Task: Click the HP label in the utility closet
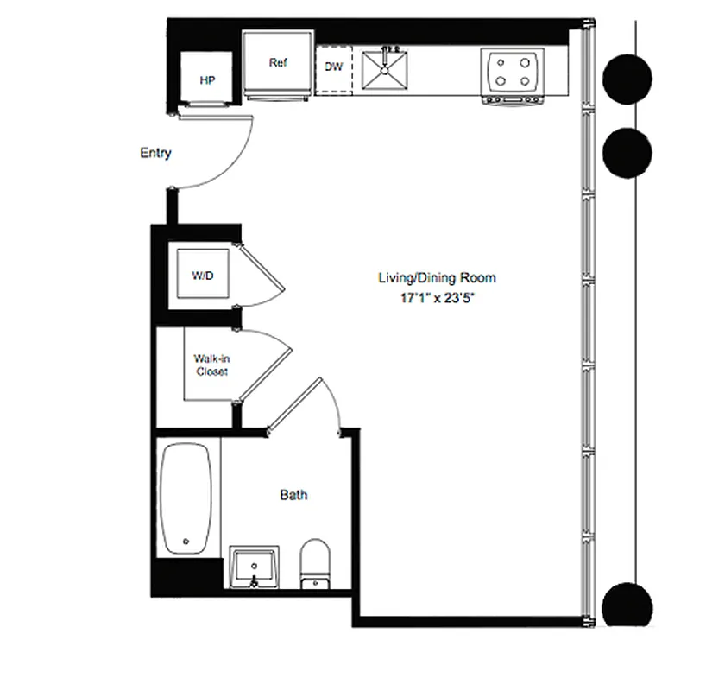tap(206, 80)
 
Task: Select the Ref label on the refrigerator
tap(278, 63)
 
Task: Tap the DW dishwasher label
tap(334, 66)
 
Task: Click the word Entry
tap(155, 153)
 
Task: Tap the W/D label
tap(202, 276)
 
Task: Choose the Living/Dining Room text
tap(438, 278)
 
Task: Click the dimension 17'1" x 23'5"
tap(438, 298)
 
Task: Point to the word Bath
tap(293, 495)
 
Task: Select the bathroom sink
tap(255, 567)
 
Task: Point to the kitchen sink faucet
tap(388, 45)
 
